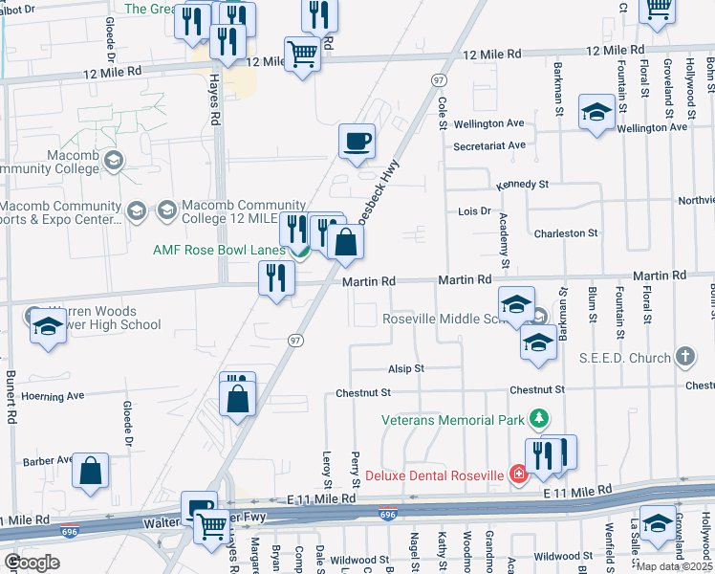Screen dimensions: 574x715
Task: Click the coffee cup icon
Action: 357,143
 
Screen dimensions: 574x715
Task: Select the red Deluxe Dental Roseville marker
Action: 518,475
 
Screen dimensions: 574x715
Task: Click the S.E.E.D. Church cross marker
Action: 684,357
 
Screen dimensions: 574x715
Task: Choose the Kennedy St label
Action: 522,184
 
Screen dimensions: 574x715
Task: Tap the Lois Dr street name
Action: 474,210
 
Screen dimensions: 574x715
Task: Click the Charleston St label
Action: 566,232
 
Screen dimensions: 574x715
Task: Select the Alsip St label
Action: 405,368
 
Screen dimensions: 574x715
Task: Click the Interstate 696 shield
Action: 387,515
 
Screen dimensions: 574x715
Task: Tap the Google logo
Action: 32,563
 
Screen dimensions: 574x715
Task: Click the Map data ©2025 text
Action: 674,566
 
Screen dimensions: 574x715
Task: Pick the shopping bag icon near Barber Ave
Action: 90,471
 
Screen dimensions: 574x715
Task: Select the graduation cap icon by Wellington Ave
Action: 596,113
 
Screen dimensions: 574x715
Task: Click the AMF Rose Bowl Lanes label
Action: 220,251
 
